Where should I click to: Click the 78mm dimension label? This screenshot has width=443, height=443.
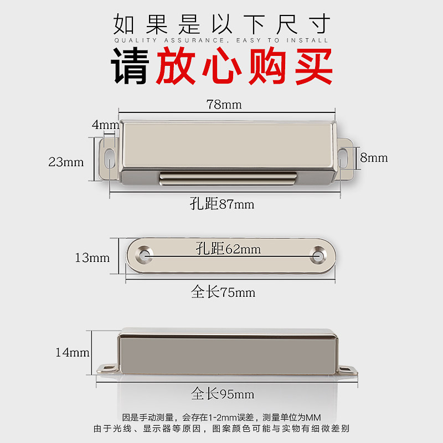224,105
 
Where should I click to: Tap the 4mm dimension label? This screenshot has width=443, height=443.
105,125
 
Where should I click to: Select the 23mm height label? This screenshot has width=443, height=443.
66,162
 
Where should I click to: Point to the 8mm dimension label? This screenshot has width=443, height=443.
374,158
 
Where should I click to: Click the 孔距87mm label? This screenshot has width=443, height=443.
222,204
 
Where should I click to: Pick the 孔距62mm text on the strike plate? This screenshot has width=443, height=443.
228,249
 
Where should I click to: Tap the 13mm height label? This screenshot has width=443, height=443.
92,257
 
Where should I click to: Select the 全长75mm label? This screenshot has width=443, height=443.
223,292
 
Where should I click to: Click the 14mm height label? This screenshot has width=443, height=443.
73,352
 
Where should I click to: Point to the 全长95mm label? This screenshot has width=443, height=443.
223,393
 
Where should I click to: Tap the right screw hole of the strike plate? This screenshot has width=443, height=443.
318,255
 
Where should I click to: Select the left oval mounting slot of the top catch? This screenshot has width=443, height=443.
109,158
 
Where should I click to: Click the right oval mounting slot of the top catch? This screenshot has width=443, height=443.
342,158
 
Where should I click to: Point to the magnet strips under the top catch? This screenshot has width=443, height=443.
228,178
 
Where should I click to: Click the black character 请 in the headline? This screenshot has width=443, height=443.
130,65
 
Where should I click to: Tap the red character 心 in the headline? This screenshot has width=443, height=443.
222,65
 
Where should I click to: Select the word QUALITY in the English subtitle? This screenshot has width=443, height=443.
136,40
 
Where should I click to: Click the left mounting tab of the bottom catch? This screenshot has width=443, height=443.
107,368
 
